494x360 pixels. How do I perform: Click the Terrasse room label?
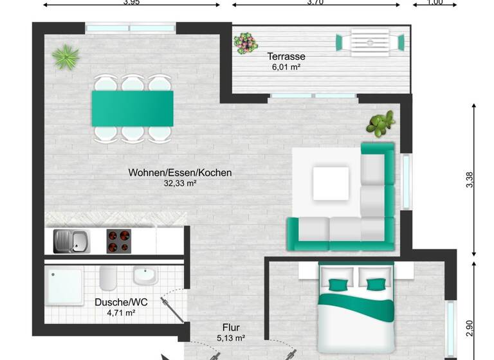(286, 57)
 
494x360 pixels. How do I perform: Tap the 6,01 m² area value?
(286, 67)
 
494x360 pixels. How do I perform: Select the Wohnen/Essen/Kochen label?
(180, 172)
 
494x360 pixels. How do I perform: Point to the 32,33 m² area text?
(180, 183)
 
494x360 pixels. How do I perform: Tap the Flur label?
(231, 327)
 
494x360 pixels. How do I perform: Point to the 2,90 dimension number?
(470, 328)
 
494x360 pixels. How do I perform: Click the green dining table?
(133, 107)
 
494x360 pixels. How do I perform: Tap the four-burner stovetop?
(118, 242)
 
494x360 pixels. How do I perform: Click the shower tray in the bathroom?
(64, 287)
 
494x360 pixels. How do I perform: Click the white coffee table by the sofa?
(331, 184)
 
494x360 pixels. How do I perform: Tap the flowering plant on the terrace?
(244, 44)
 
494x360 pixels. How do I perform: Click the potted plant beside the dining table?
(65, 57)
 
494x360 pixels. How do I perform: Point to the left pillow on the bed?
(339, 285)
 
